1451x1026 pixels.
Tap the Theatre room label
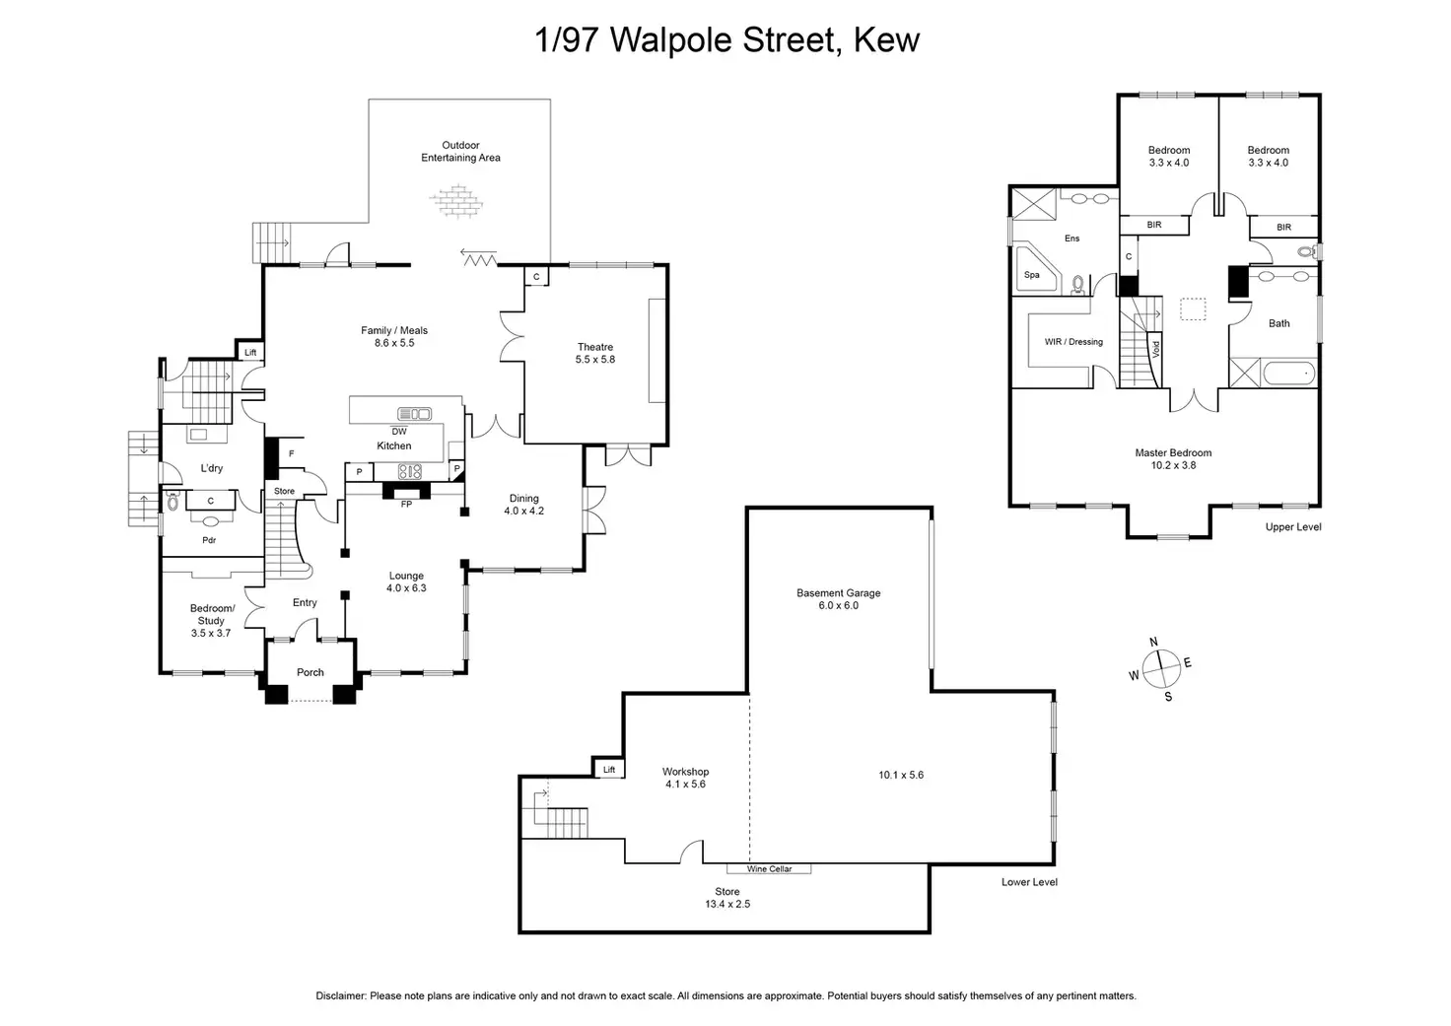click(595, 353)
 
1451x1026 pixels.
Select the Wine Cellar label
click(769, 869)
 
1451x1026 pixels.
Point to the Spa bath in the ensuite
click(1032, 274)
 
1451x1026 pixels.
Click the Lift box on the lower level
click(608, 770)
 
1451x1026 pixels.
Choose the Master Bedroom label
click(1173, 458)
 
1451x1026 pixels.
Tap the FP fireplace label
click(405, 505)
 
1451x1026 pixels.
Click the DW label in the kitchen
click(398, 431)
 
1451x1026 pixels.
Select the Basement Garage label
click(838, 599)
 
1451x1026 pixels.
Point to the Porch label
click(311, 672)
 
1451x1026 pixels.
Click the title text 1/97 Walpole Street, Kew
click(726, 40)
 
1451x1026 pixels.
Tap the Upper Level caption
click(1292, 527)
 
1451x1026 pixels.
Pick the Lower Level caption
click(1029, 882)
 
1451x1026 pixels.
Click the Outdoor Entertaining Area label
click(460, 151)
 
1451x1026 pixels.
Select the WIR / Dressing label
click(1073, 342)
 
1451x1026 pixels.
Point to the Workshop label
click(685, 778)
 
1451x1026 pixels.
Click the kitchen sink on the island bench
click(414, 414)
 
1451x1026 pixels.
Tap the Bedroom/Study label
click(212, 621)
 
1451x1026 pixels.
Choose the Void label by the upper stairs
click(1157, 348)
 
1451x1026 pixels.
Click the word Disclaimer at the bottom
click(340, 996)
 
